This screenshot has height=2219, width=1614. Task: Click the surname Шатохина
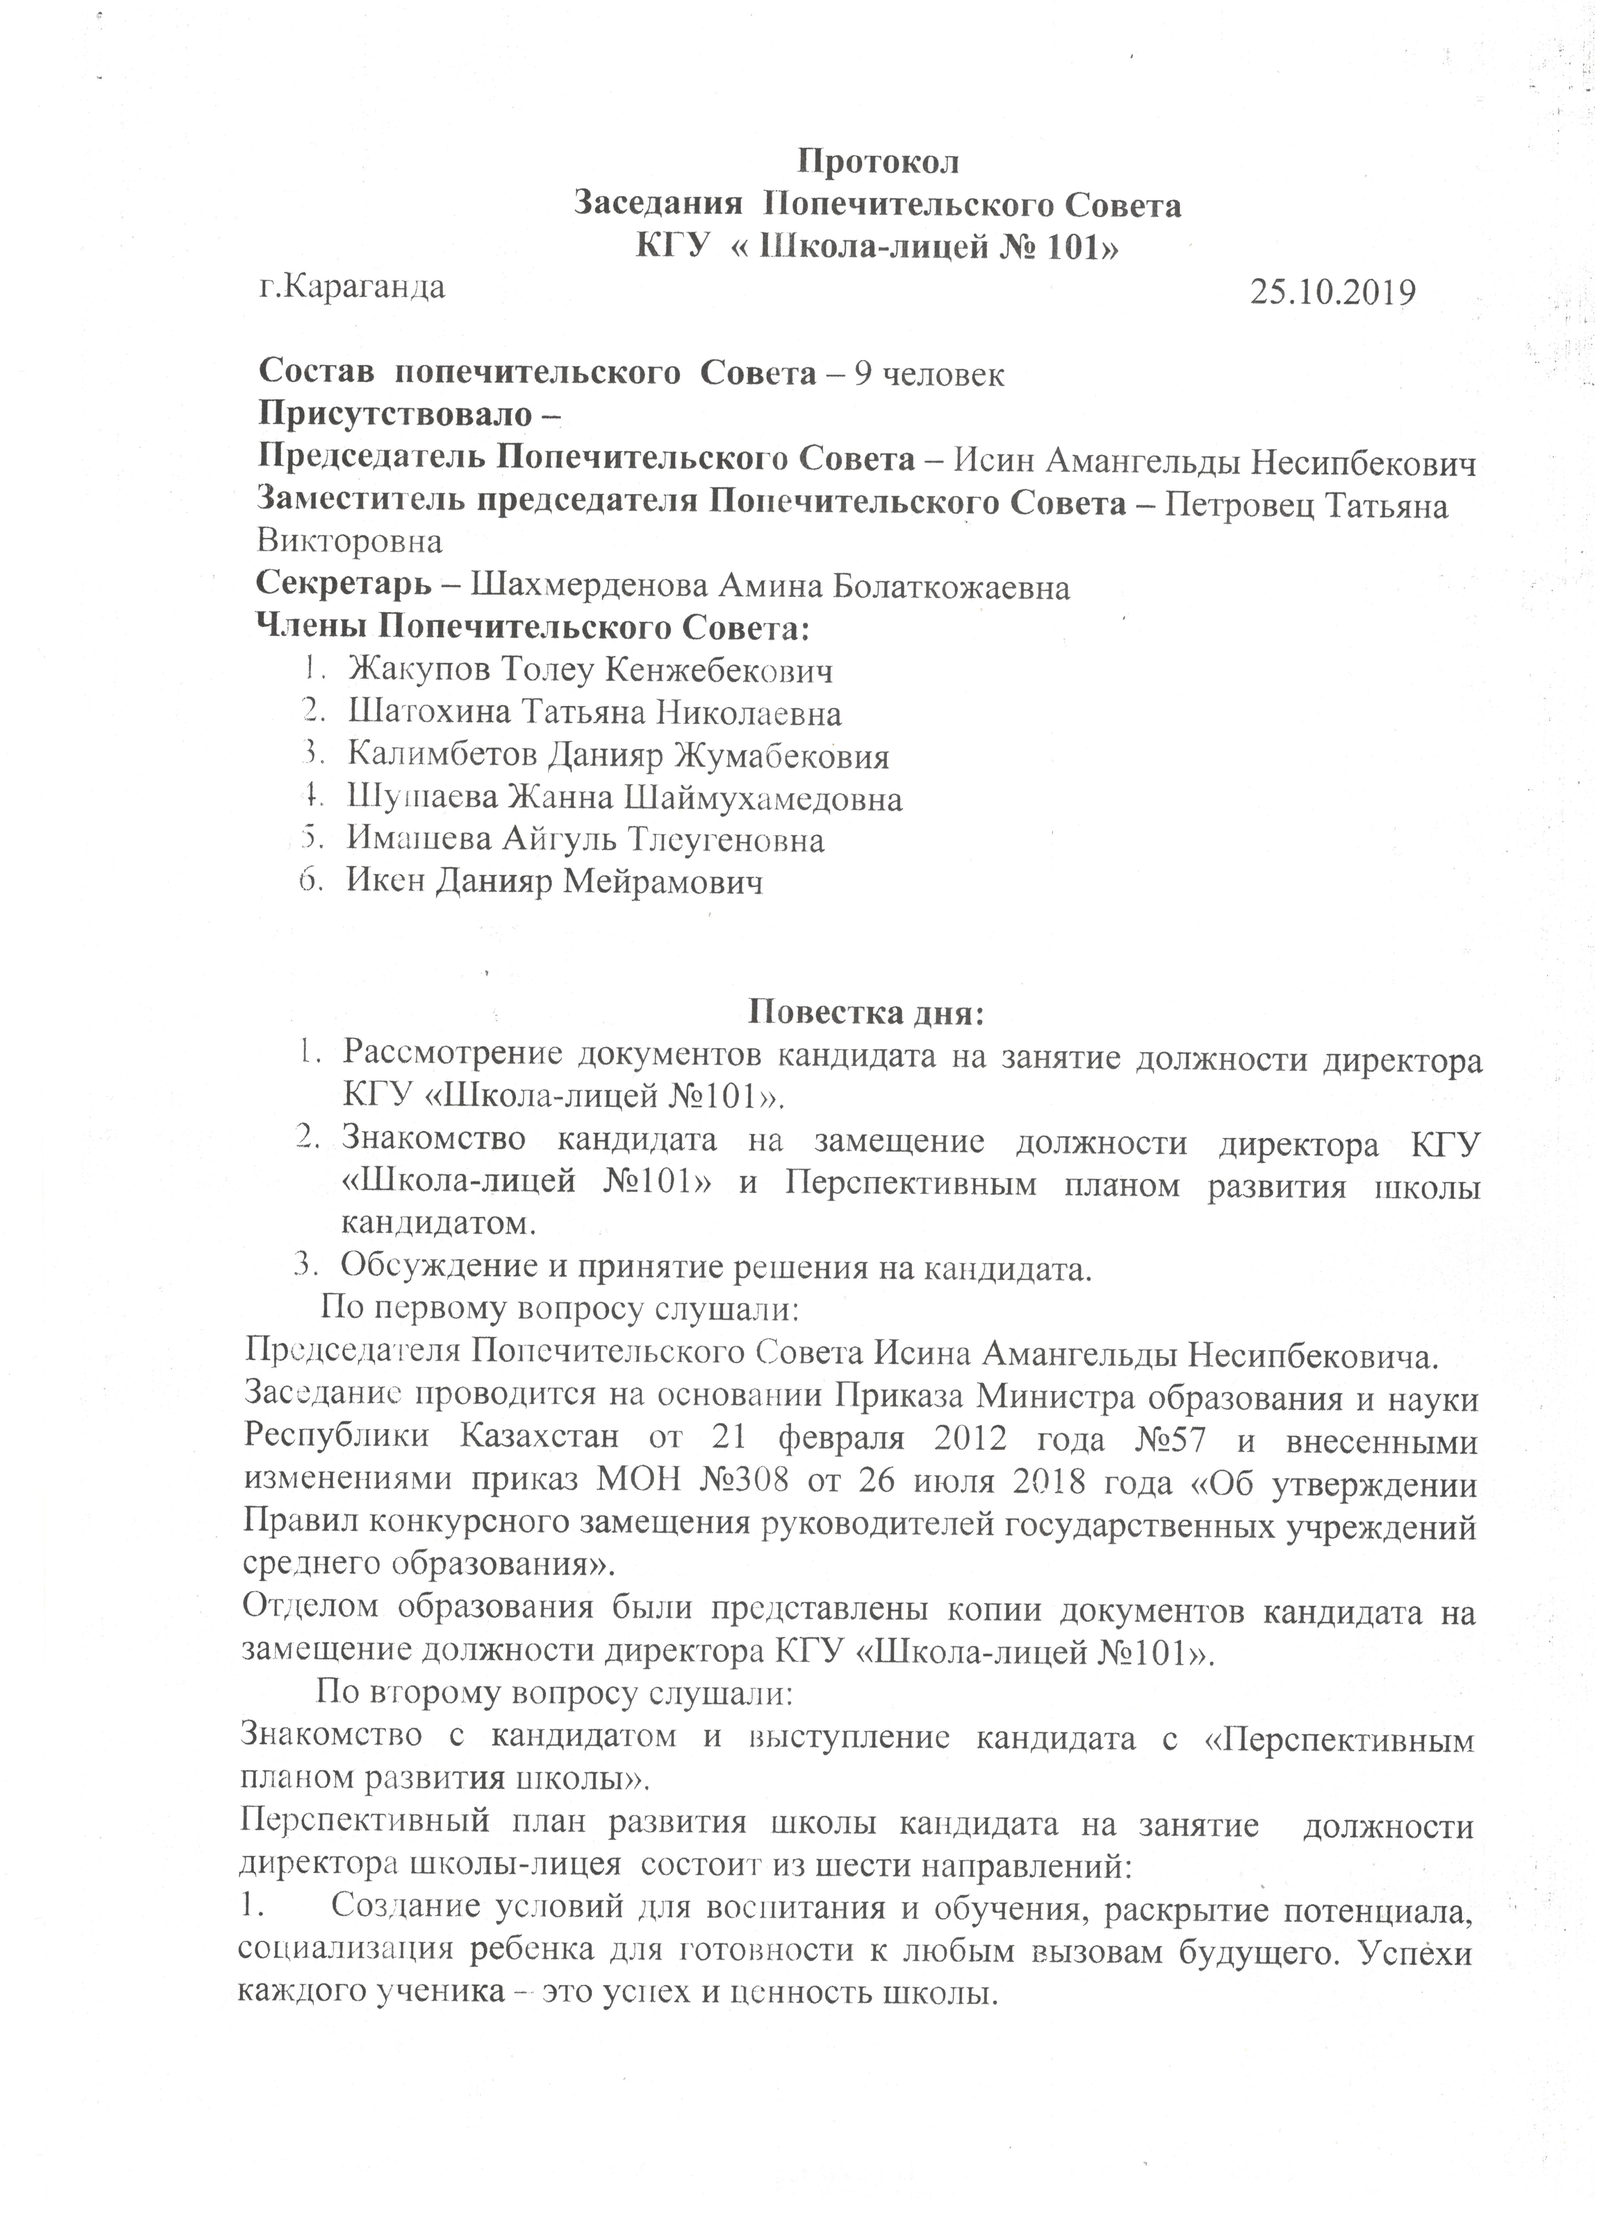click(430, 713)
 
